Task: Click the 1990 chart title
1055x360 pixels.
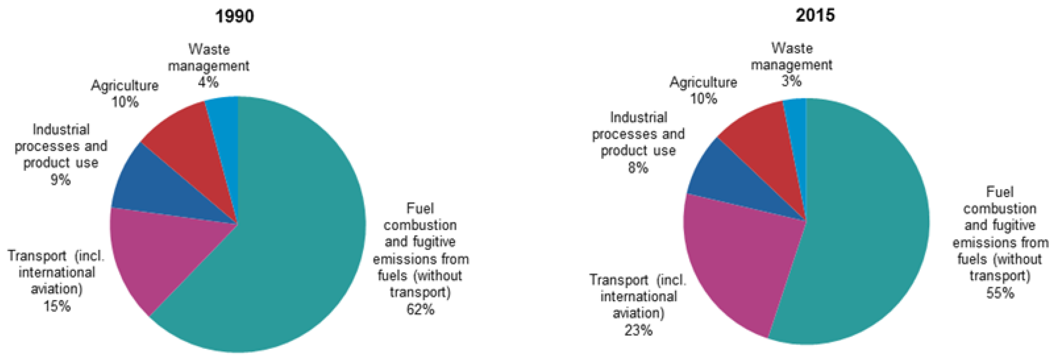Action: (x=235, y=16)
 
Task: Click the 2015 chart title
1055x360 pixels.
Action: (x=815, y=15)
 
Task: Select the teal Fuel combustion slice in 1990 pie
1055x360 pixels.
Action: (x=295, y=229)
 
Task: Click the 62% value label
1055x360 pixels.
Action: (x=420, y=309)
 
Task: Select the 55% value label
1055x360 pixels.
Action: (x=1000, y=293)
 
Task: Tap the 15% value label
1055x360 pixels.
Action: (x=57, y=306)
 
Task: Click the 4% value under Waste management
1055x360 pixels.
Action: (x=208, y=82)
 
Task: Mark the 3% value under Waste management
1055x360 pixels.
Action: (x=791, y=81)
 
